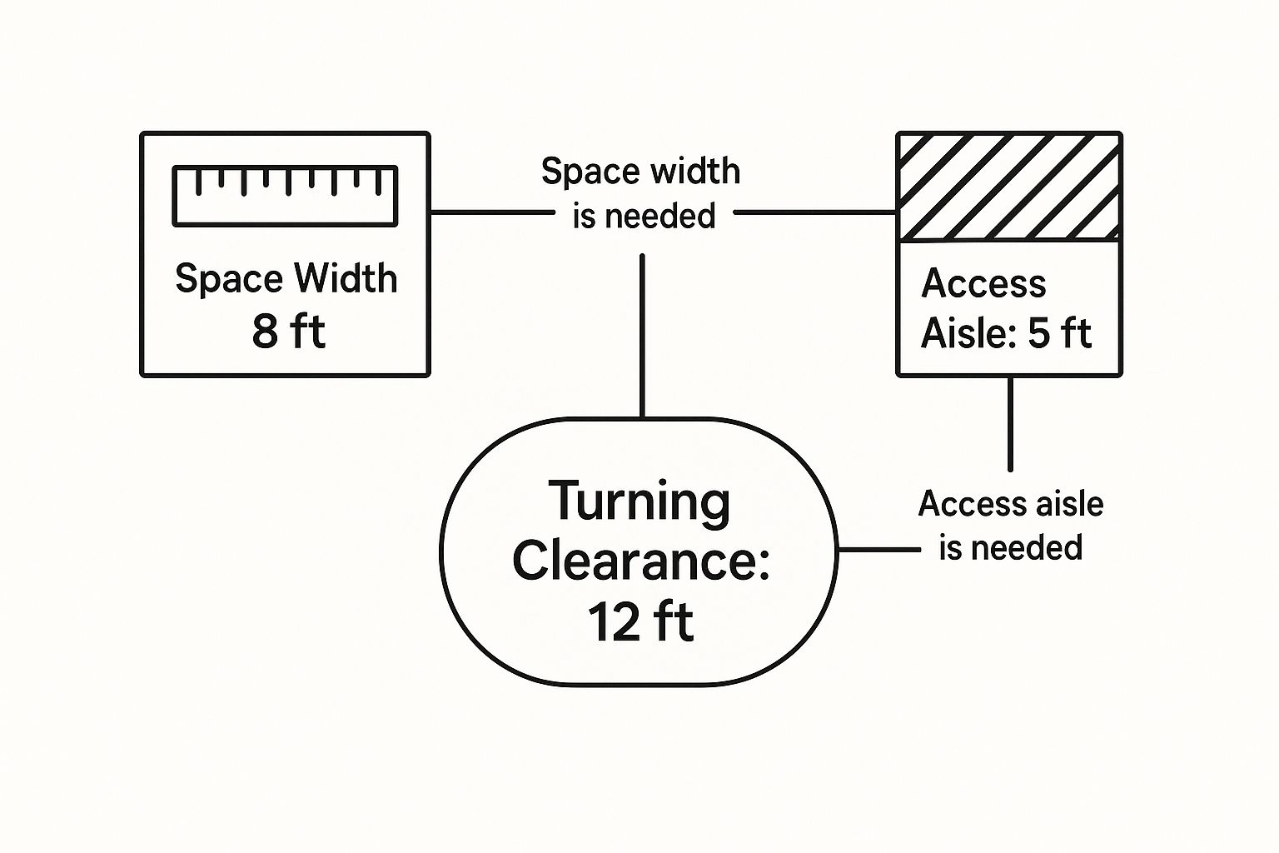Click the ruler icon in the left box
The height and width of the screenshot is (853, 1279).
coord(285,196)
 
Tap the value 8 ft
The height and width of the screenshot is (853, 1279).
coord(288,332)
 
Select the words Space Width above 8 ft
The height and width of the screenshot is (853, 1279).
coord(286,279)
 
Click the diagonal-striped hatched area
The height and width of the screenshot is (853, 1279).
coord(1009,187)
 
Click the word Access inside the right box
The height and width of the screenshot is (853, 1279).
coord(983,283)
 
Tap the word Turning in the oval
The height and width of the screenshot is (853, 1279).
coord(639,501)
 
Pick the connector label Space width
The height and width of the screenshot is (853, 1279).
coord(640,171)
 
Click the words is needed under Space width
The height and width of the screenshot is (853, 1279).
coord(644,216)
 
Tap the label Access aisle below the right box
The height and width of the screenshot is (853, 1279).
coord(1011,504)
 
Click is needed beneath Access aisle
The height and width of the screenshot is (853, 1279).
coord(1011,547)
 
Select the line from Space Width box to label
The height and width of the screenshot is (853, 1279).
coord(492,212)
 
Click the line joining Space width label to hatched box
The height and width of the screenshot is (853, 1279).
coord(815,212)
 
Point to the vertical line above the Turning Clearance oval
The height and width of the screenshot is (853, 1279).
coord(642,337)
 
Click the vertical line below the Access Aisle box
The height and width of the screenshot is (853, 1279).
coord(1010,424)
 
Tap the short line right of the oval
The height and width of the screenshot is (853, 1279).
coord(878,550)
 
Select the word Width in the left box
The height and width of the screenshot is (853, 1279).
coord(346,279)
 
